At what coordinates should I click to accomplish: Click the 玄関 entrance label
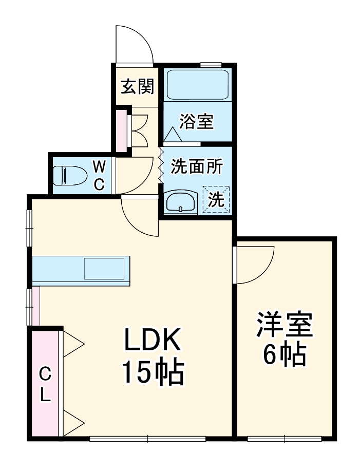[x=137, y=87]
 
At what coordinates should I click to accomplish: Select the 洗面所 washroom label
[x=197, y=166]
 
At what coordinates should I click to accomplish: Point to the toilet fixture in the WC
[x=67, y=175]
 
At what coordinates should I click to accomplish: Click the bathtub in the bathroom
[x=198, y=85]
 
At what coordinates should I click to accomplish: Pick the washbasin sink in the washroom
[x=180, y=201]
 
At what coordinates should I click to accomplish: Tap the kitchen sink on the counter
[x=105, y=269]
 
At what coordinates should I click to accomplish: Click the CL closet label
[x=46, y=385]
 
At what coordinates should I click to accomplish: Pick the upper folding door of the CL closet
[x=72, y=343]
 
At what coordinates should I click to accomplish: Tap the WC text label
[x=100, y=175]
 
